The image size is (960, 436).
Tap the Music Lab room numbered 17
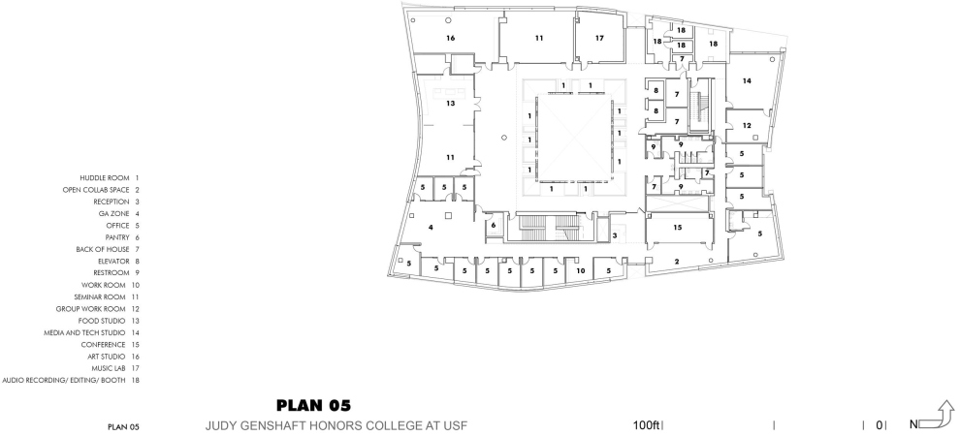point(599,38)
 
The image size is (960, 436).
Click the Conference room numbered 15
point(678,228)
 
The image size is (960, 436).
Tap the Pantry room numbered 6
point(494,225)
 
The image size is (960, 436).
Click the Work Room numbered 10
point(581,269)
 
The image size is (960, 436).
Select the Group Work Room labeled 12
point(746,126)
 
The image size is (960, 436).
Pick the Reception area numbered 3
point(615,234)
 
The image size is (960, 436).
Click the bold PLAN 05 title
point(313,405)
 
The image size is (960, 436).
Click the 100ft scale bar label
point(646,425)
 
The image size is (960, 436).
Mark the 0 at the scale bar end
point(880,425)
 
